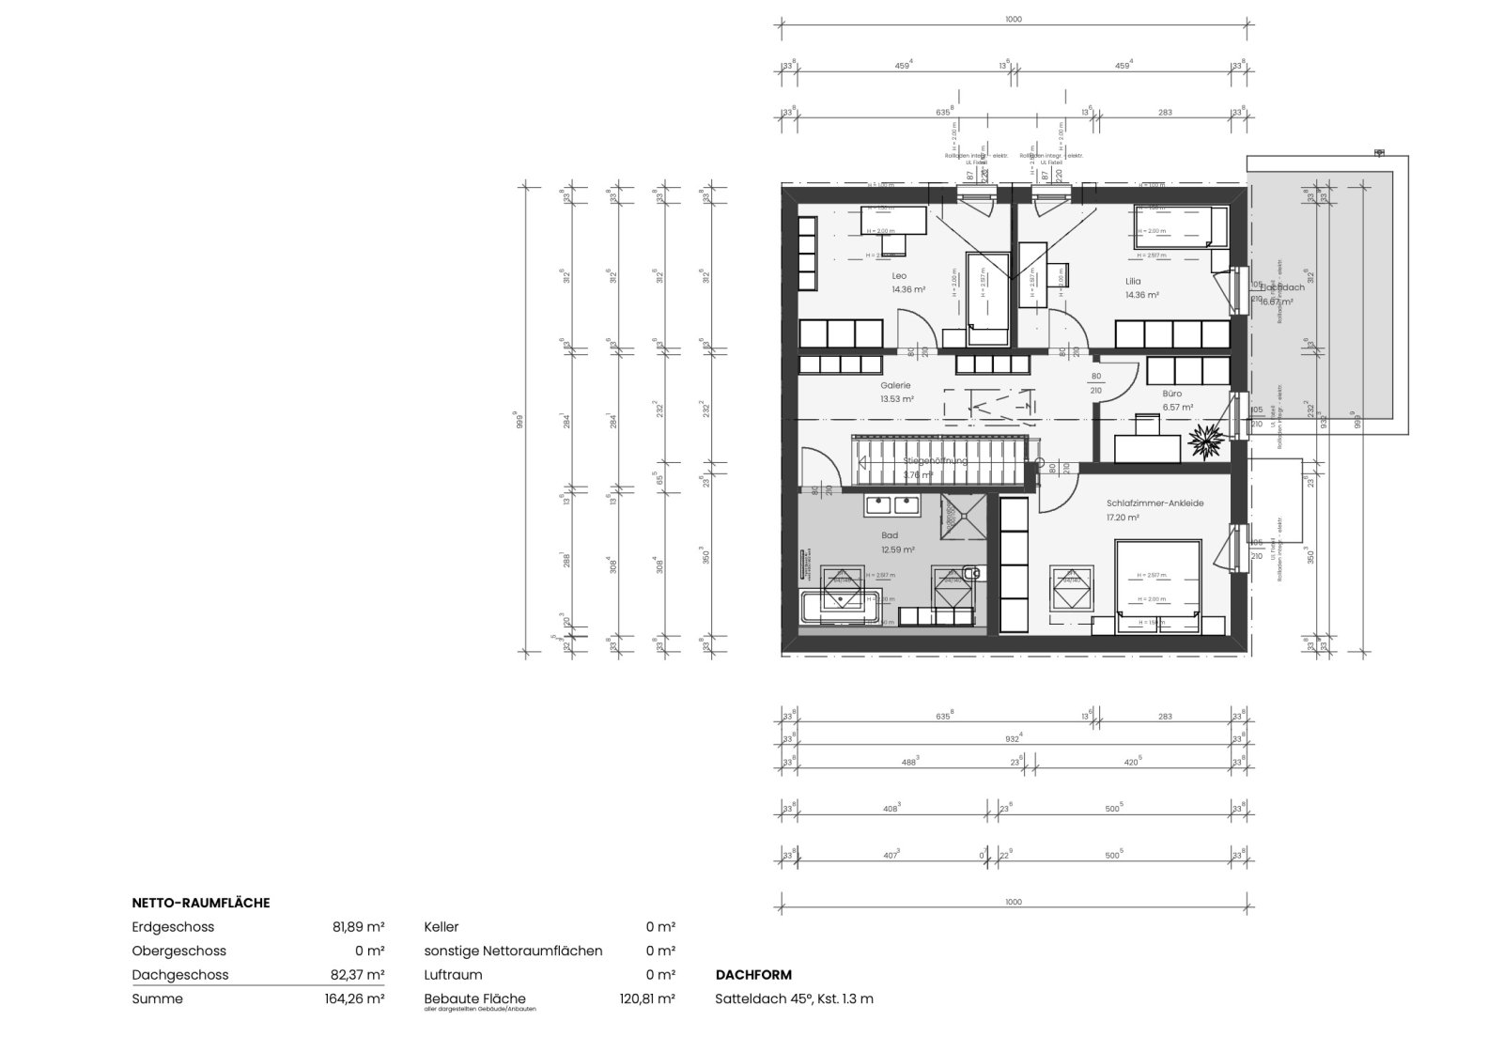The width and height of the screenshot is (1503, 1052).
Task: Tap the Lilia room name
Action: click(x=1133, y=281)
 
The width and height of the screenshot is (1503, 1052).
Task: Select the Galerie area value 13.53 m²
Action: click(x=897, y=399)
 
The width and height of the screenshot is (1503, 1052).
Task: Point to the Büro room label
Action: click(x=1171, y=394)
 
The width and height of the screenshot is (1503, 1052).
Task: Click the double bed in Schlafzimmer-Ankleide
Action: click(x=1157, y=584)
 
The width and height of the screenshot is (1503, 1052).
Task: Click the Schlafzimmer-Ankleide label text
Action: click(x=1154, y=503)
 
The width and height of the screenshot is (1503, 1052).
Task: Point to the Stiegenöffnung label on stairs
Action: click(x=934, y=461)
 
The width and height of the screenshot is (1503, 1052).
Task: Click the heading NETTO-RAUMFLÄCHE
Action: click(x=201, y=903)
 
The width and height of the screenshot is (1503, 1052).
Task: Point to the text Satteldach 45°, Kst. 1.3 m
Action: click(x=794, y=999)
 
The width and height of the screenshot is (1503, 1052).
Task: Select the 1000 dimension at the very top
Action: click(x=1013, y=19)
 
